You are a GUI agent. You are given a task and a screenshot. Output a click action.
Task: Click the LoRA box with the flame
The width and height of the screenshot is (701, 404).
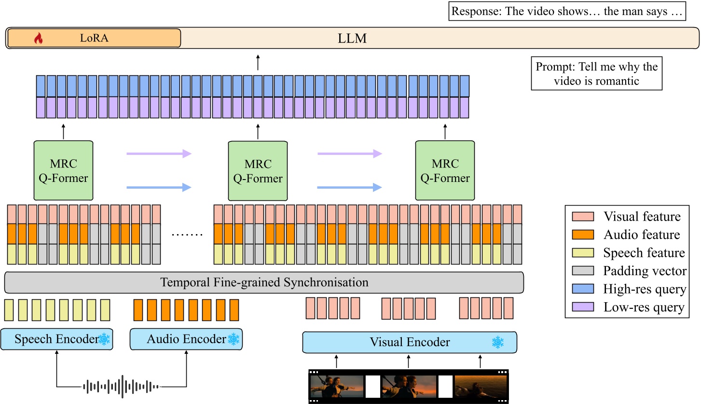[x=94, y=38]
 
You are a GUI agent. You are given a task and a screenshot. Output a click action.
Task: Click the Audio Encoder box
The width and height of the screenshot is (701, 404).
[x=186, y=339]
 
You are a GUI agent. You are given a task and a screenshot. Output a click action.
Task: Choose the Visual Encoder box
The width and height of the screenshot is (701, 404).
[x=409, y=342]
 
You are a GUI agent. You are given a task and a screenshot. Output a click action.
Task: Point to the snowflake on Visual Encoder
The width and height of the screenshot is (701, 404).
[x=497, y=342]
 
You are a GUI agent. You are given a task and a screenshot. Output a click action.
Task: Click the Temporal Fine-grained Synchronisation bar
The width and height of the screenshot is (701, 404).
[x=264, y=282]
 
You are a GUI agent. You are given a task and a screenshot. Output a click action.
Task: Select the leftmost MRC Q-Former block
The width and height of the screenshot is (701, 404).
[x=63, y=170]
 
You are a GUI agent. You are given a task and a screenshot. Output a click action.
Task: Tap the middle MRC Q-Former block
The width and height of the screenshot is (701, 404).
[x=258, y=170]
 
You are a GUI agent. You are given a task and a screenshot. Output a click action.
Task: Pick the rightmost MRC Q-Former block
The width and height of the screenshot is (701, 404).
[x=445, y=170]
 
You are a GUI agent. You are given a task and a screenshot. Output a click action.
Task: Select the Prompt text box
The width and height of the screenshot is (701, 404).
[x=596, y=73]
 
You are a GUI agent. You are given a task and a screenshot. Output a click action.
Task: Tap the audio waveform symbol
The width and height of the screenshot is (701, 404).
[x=121, y=386]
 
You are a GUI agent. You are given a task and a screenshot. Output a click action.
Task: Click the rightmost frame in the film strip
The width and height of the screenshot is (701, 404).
[x=480, y=386]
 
